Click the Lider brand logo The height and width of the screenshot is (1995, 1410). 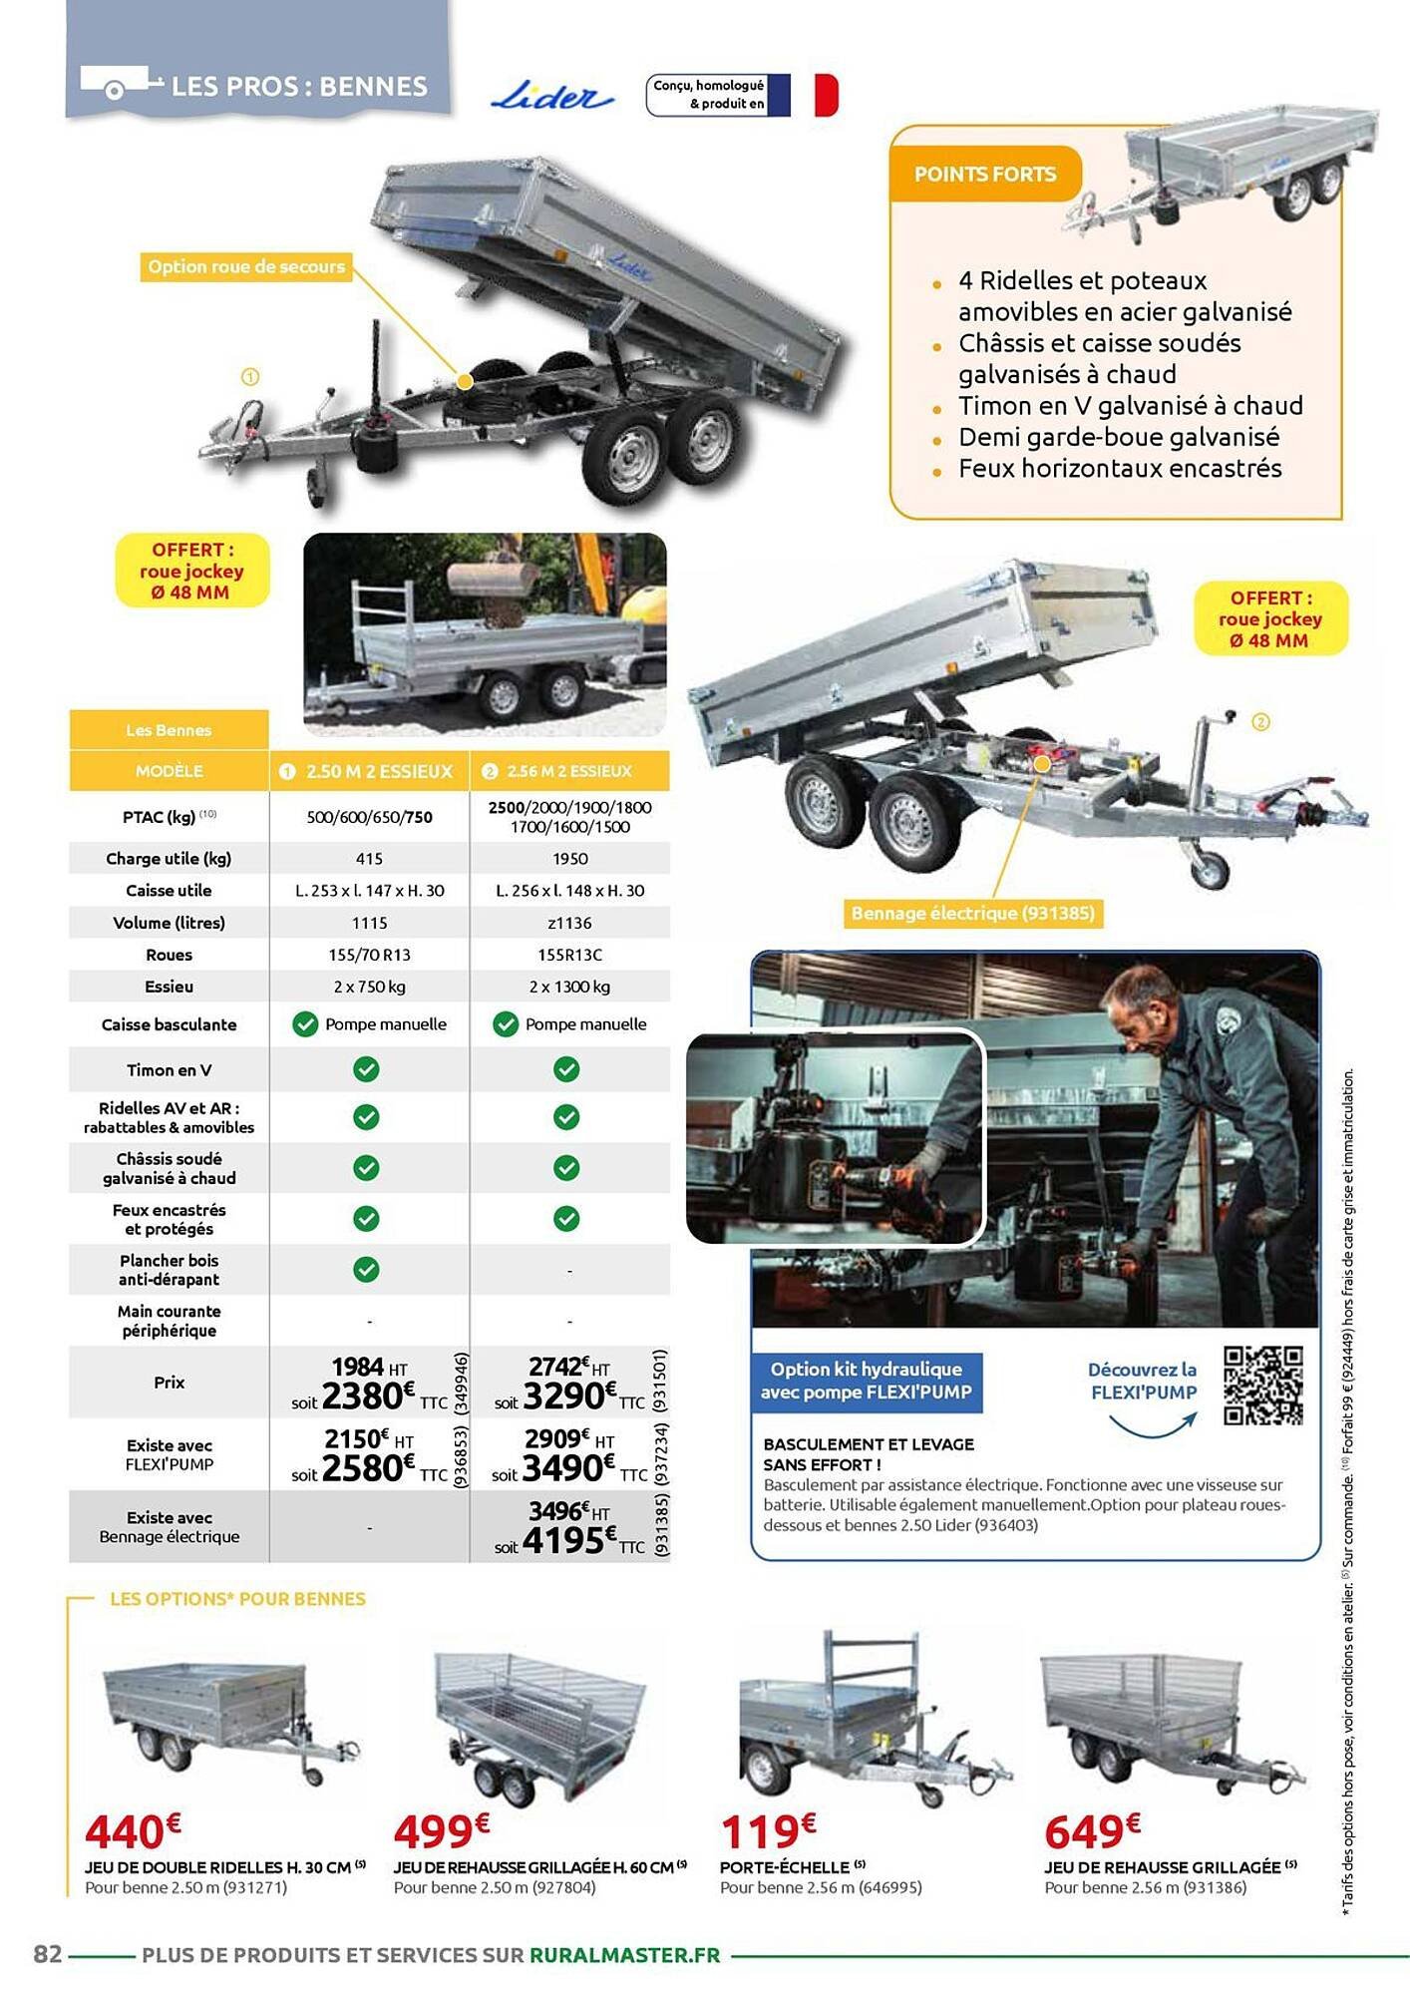(551, 97)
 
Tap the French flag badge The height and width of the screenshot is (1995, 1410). (803, 96)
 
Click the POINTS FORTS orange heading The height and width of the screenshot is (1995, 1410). (984, 175)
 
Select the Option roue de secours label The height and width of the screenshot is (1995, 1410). (245, 267)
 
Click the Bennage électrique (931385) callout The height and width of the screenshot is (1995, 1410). (972, 913)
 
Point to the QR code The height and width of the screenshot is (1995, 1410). (1262, 1386)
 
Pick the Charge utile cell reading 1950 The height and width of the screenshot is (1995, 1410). (569, 859)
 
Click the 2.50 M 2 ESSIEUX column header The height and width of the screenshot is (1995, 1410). (369, 771)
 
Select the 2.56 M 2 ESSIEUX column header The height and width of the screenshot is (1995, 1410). (569, 771)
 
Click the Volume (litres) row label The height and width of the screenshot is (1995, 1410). (169, 923)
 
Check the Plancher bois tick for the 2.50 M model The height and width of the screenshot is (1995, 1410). (366, 1269)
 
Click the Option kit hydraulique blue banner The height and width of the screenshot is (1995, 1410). (866, 1382)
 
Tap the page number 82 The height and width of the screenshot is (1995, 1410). (48, 1954)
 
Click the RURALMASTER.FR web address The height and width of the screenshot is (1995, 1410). (624, 1955)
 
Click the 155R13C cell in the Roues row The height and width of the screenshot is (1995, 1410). (569, 955)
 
